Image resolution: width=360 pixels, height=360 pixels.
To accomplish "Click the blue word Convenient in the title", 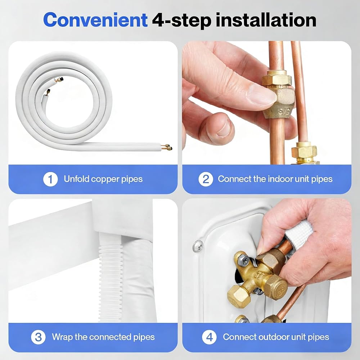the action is tap(95, 20).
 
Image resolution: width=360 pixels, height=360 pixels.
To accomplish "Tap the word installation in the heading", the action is tap(266, 20).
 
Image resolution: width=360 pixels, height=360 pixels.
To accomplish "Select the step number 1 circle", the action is tap(50, 179).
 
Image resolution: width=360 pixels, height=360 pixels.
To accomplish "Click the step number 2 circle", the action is tap(206, 179).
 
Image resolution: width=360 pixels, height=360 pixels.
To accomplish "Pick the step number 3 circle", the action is tap(38, 337).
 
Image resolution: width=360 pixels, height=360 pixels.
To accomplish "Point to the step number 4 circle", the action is tap(209, 337).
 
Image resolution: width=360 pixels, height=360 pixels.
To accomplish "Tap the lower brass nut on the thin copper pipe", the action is tap(305, 152).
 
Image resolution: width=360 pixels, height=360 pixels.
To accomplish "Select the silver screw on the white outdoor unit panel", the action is tap(198, 246).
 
